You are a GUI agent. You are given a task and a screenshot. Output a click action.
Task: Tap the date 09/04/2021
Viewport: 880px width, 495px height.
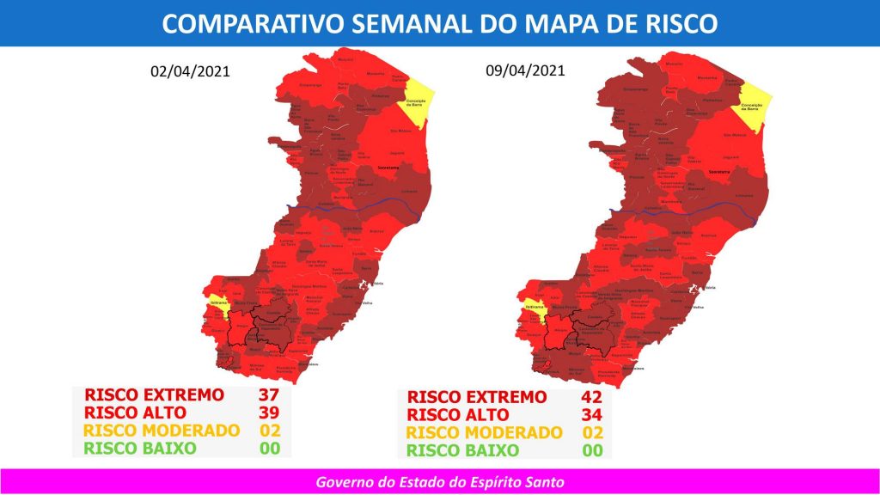[x=524, y=71]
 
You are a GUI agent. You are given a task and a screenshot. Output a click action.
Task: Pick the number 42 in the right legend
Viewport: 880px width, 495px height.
[x=591, y=397]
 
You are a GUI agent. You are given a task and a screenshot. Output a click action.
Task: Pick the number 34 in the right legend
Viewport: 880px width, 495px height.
[x=591, y=415]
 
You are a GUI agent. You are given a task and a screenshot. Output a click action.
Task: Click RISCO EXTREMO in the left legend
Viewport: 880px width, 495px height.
[x=154, y=395]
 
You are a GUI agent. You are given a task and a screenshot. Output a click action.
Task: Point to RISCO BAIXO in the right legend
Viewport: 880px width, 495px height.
[x=462, y=451]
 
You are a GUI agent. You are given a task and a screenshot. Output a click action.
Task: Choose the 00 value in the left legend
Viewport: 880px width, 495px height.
[x=270, y=449]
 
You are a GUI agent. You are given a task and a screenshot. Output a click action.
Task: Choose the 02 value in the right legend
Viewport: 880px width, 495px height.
[x=591, y=433]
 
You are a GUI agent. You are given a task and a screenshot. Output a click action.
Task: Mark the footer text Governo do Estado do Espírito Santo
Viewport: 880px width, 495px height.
[x=439, y=482]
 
